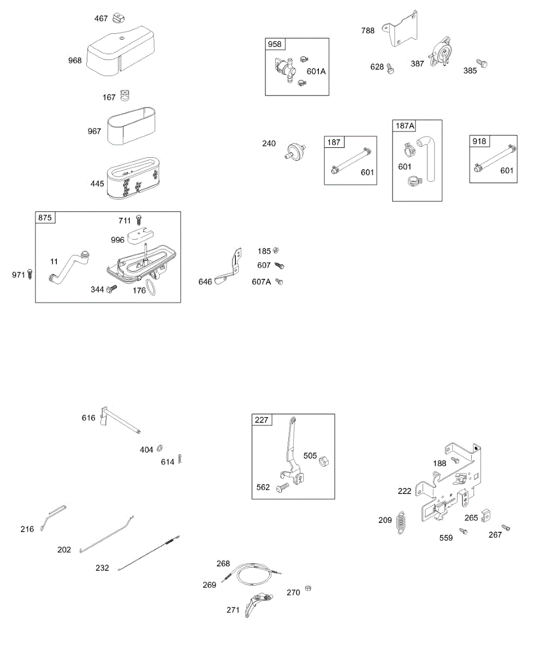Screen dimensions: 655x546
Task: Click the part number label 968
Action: pos(75,61)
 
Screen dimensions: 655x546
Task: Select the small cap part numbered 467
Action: pos(118,19)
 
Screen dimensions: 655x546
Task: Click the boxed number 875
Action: pos(45,218)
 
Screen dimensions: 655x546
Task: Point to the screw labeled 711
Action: pos(139,220)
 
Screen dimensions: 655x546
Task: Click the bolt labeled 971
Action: pos(30,274)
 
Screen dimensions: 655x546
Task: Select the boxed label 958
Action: pos(275,45)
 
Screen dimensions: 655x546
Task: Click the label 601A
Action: pos(316,71)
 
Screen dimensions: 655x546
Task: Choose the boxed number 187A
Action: pos(405,126)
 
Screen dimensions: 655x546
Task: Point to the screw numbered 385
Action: pos(482,64)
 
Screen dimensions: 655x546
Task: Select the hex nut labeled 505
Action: pos(322,460)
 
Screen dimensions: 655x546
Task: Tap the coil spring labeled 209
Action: pos(401,521)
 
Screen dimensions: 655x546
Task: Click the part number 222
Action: pos(405,491)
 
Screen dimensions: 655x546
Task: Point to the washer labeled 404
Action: pos(160,448)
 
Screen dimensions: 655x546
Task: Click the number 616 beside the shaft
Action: pos(88,418)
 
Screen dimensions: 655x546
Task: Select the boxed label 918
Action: pos(480,142)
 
